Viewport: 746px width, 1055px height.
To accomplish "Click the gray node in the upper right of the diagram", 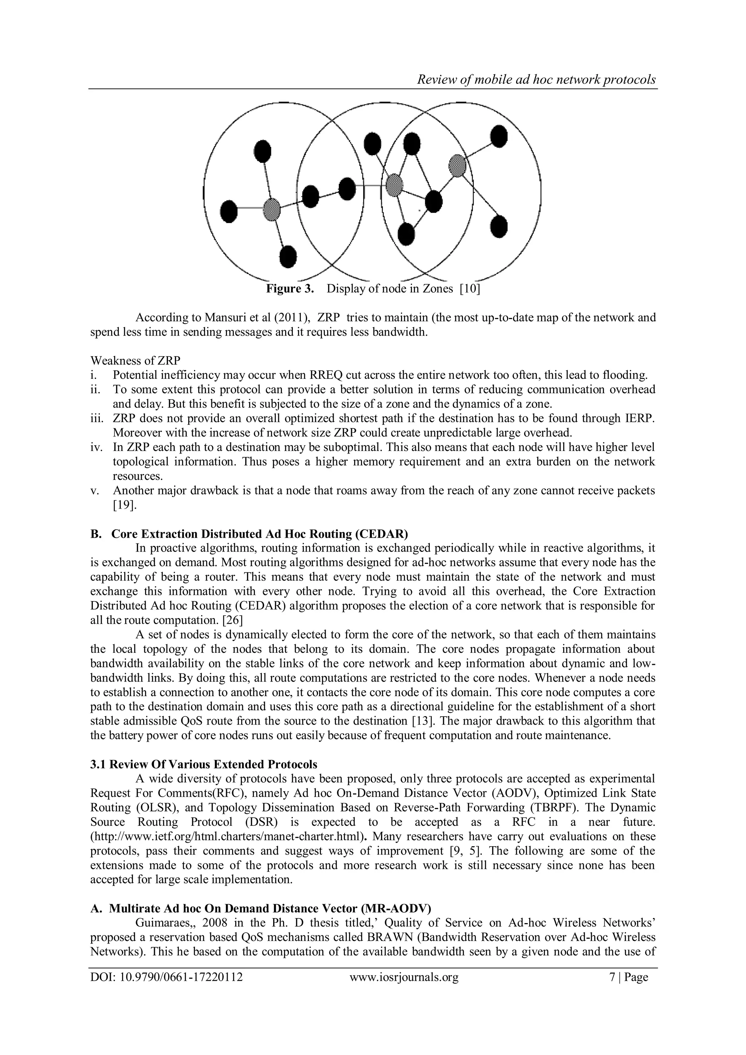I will pyautogui.click(x=457, y=165).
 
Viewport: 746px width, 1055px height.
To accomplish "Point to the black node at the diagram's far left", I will pyautogui.click(x=229, y=211).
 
